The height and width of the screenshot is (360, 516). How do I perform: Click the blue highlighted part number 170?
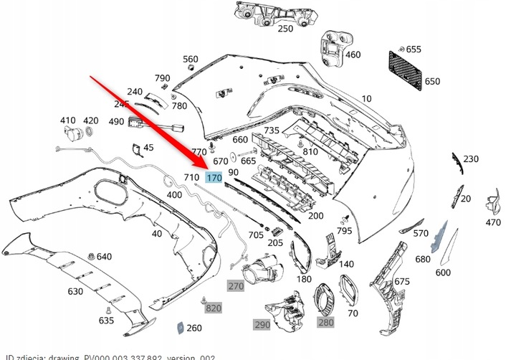coord(214,178)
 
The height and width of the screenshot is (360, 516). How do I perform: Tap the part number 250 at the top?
coord(285,29)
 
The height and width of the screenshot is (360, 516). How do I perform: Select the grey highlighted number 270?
coord(236,286)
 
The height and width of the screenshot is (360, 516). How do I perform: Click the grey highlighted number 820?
coord(214,308)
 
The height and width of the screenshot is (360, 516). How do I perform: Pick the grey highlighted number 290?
coord(262,324)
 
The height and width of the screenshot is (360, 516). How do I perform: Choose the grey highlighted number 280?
coord(326,323)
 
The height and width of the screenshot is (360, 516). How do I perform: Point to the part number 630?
coord(75,292)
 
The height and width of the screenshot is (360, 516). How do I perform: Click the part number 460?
coord(353,55)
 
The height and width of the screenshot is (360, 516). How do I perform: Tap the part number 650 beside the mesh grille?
coord(432,82)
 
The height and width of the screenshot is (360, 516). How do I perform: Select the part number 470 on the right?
coord(493,223)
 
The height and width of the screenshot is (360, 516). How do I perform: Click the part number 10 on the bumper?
coord(367,98)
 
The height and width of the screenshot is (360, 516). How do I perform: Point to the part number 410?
coord(67,120)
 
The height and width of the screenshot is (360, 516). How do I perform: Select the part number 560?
coord(191,59)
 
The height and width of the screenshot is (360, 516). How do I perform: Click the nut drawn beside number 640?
coord(90,256)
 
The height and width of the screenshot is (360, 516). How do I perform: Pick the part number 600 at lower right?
coord(443,273)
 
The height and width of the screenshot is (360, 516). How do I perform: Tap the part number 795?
coord(345,231)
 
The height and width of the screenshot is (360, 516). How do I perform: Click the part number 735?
coord(272,131)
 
